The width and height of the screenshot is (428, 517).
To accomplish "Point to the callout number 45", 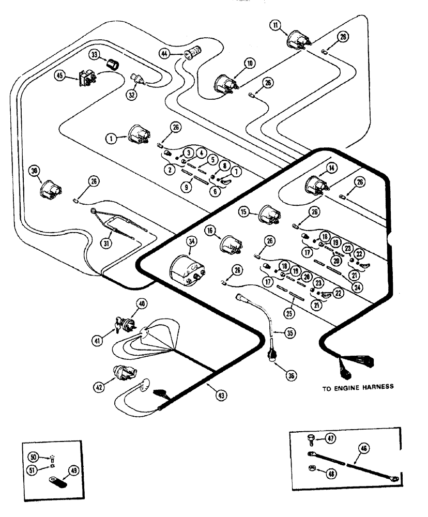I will tap(60, 75).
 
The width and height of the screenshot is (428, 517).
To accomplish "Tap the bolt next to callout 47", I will tap(310, 440).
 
